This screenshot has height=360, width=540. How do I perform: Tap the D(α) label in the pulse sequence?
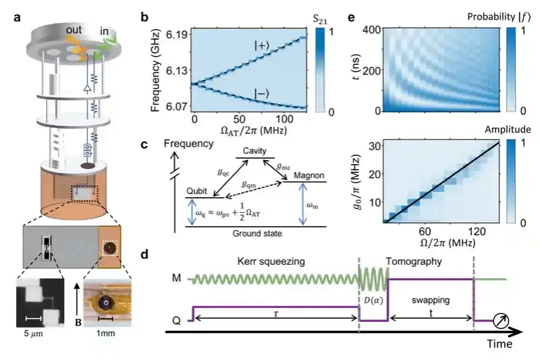coord(372,298)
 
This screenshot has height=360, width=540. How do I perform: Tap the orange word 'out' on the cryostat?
coord(74,30)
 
